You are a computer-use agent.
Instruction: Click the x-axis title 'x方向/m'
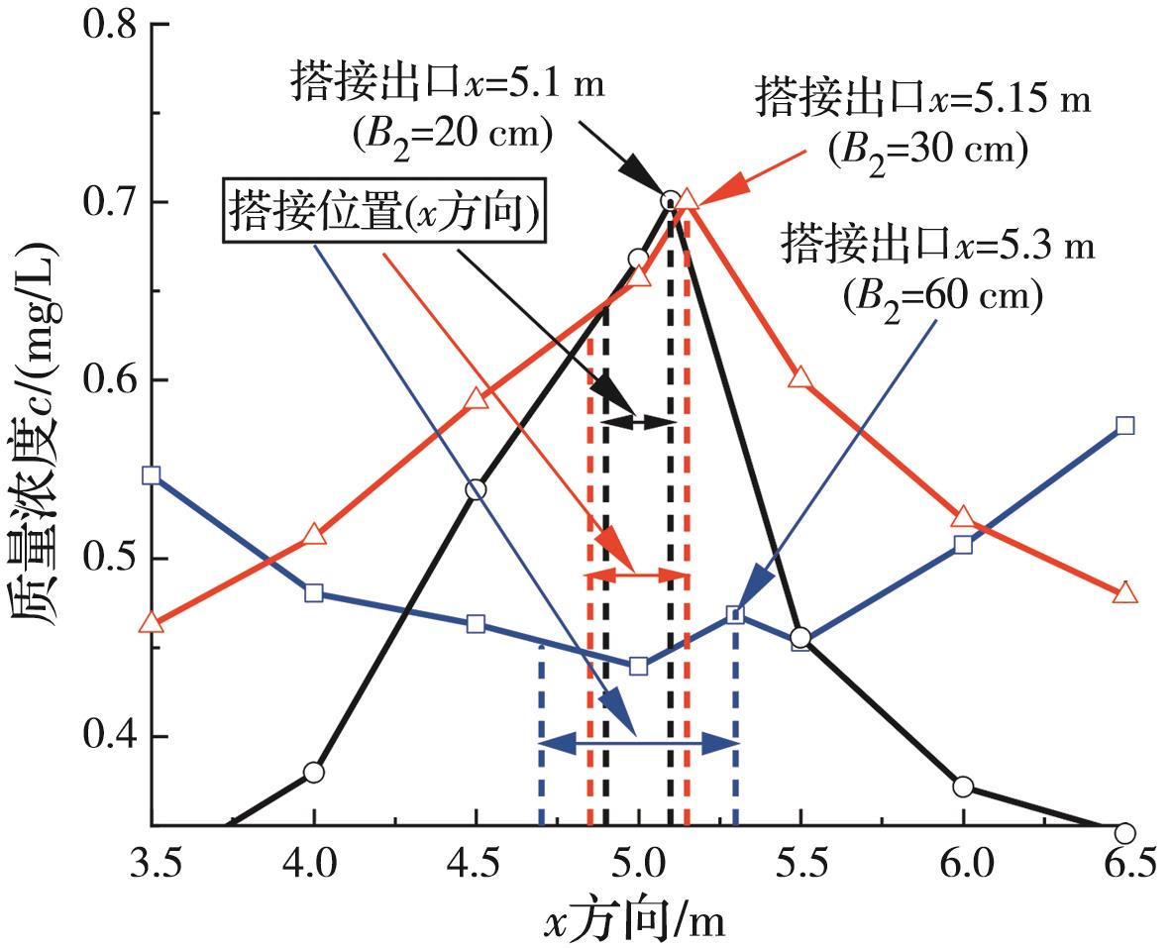point(634,921)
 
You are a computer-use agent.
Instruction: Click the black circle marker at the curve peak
point(670,201)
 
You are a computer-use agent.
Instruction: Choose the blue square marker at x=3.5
point(151,474)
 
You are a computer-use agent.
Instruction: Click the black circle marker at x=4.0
point(314,773)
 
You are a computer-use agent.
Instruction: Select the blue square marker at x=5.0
point(638,666)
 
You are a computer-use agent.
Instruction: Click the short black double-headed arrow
point(638,421)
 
